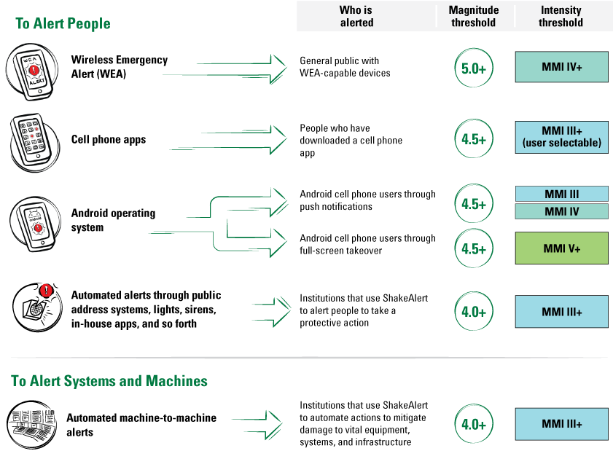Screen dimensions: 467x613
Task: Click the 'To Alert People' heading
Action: point(63,23)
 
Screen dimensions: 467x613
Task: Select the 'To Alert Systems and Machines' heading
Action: point(109,381)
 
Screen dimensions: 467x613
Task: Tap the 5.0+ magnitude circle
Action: point(474,68)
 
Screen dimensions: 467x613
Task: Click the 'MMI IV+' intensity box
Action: point(561,67)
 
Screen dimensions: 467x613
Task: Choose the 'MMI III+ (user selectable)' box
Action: point(561,137)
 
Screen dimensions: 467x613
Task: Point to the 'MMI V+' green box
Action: point(561,248)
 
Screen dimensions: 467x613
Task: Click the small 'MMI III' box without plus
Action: point(561,194)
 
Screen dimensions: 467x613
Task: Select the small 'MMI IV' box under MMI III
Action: point(561,211)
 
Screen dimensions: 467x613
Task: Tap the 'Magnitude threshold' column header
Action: point(474,16)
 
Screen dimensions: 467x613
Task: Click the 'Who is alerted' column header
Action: point(356,16)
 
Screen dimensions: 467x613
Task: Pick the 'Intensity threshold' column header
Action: point(561,16)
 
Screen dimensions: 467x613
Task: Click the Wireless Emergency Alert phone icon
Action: point(30,71)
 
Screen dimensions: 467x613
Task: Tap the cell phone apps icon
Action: point(31,140)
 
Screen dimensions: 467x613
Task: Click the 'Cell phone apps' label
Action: point(109,140)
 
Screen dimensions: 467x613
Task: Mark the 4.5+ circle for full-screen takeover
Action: point(474,249)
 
